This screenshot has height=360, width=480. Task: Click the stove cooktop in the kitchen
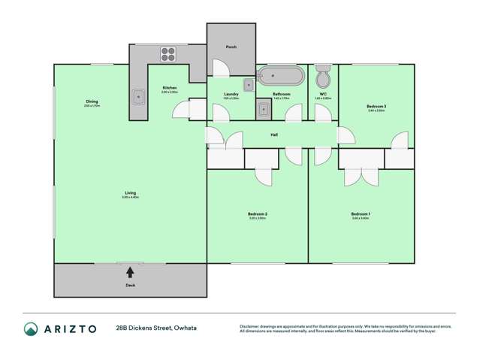point(168,54)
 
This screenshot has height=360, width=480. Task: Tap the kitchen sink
point(139,96)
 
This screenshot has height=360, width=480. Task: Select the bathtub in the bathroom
point(282,77)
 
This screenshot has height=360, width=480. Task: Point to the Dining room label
point(92,101)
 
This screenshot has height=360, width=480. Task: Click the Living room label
point(131,193)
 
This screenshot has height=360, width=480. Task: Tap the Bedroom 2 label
point(258,214)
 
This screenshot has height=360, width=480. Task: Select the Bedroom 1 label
point(361,214)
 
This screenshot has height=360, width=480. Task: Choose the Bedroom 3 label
point(376,107)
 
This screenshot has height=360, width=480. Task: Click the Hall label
point(276,135)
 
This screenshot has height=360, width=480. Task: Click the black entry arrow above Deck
point(131,272)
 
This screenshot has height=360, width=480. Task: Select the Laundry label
point(231,94)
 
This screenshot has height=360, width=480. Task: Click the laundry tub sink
point(263,110)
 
